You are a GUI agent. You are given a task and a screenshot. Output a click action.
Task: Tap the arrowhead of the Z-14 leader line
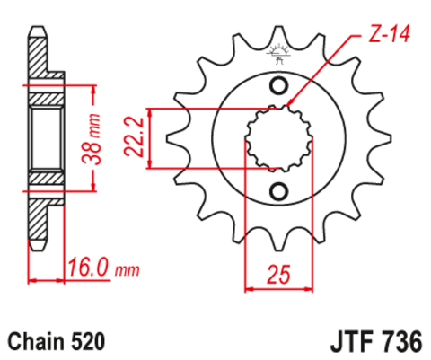[x=289, y=108]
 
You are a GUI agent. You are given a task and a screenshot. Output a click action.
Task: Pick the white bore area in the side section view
[x=45, y=138]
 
